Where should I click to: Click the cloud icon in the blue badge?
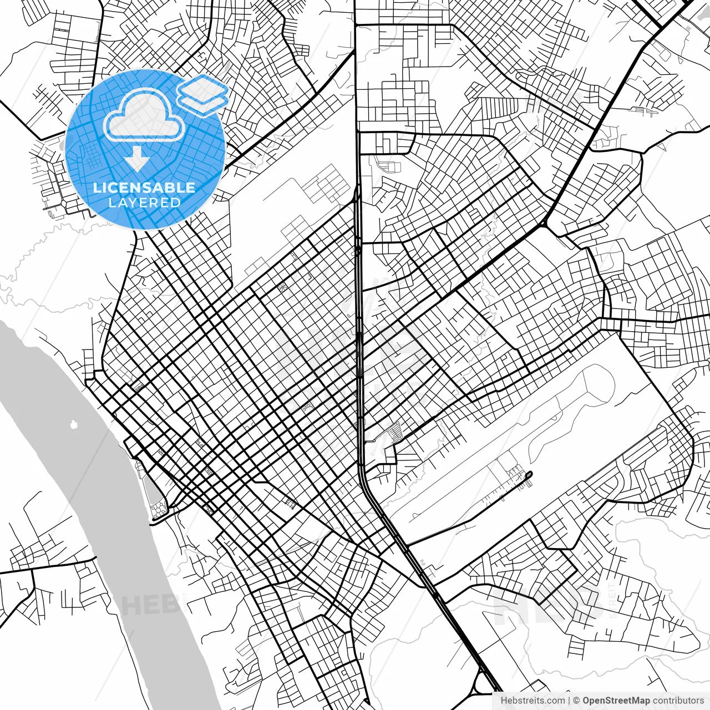point(145,115)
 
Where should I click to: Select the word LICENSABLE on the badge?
point(144,187)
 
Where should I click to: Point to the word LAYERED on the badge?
point(144,202)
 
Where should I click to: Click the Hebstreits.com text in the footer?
point(532,701)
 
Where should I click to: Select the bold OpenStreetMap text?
point(616,701)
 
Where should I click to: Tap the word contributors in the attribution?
point(678,701)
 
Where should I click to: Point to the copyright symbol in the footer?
point(576,701)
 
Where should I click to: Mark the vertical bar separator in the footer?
point(569,701)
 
